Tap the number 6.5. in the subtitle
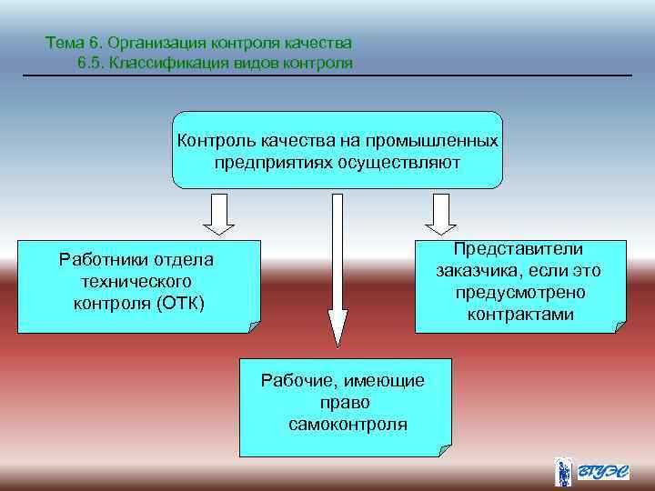pos(95,62)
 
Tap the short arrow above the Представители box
pos(440,213)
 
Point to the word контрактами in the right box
pos(519,315)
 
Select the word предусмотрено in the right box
pos(519,293)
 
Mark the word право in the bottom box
pos(345,403)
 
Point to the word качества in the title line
pos(321,43)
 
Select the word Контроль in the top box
pos(218,142)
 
